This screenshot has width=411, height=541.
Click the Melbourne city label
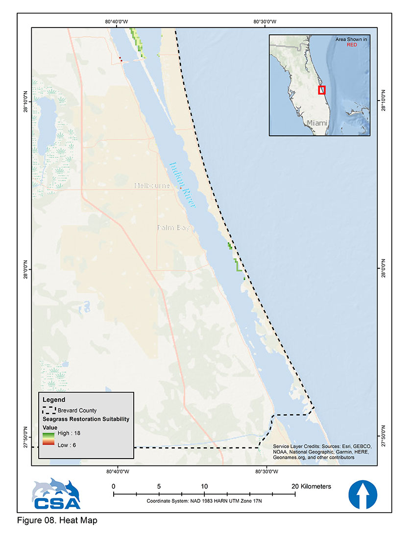(152, 186)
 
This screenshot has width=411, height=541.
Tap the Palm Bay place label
(173, 228)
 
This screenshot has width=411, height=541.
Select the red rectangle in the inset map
(322, 90)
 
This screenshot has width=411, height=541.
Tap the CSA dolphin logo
(56, 494)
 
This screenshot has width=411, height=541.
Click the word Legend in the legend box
(54, 400)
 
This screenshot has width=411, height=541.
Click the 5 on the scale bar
(159, 486)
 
